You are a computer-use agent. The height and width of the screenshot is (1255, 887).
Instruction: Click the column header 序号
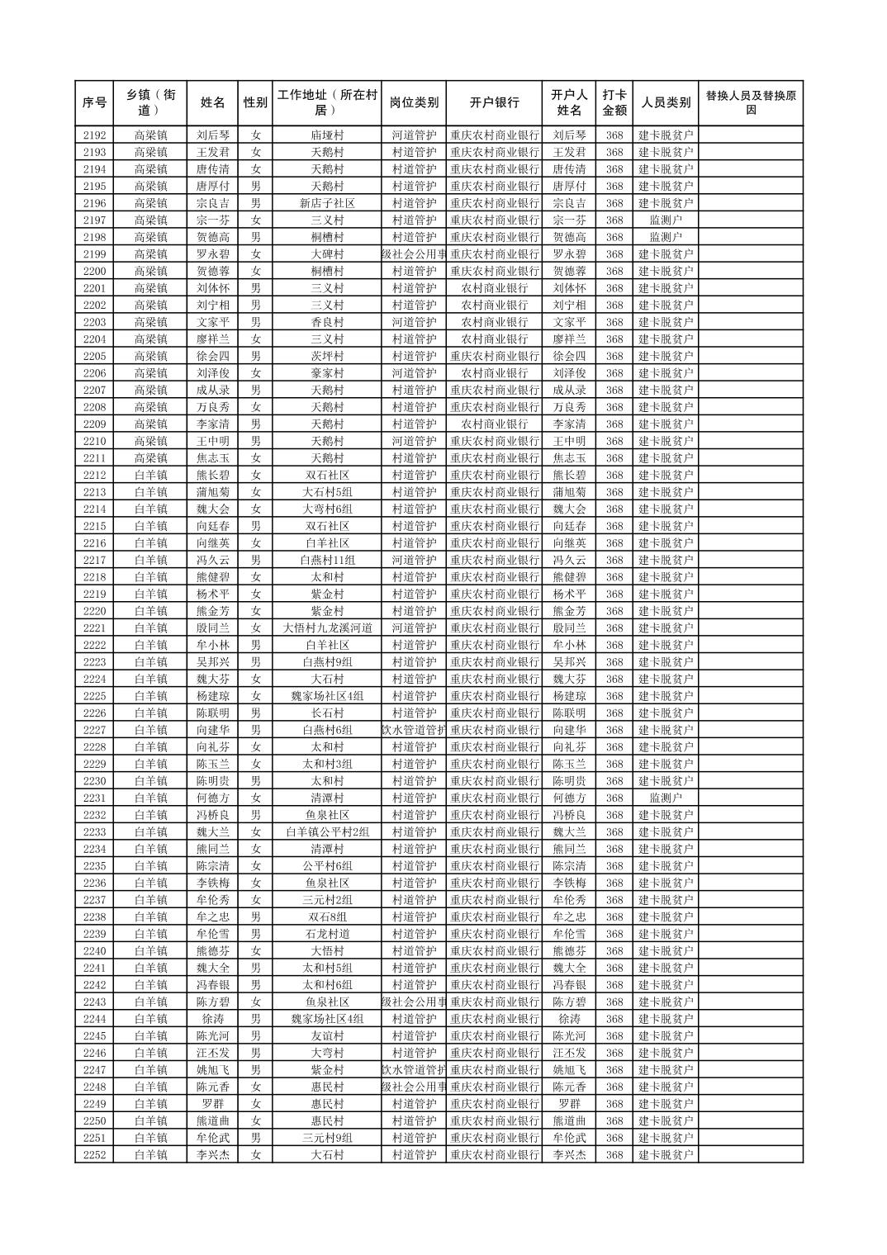pos(94,103)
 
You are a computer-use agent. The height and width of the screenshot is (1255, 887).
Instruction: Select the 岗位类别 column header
pos(414,103)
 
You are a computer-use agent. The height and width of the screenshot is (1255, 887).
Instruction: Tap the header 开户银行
pos(494,103)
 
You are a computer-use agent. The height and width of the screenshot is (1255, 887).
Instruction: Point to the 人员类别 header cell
pos(666,103)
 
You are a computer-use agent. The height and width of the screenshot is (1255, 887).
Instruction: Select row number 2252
pos(94,1155)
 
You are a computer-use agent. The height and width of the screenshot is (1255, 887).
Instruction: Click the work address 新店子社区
pos(327,203)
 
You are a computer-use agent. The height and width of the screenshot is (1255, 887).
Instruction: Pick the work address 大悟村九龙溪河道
pos(327,628)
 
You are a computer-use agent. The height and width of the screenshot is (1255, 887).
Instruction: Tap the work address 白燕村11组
pos(327,561)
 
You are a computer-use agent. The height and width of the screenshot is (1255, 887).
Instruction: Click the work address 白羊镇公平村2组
pos(327,832)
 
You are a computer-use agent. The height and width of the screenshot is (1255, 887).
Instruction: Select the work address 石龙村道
pos(327,934)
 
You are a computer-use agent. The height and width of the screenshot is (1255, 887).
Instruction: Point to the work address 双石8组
pos(327,917)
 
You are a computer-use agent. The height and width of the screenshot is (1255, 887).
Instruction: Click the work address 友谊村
pos(327,1036)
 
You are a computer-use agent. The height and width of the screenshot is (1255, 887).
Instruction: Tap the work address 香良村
pos(327,322)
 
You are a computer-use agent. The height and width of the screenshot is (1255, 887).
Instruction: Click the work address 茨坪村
pos(327,356)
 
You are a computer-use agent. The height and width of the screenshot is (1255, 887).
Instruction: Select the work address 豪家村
pos(327,373)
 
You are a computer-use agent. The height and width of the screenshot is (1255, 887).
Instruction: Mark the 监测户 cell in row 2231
pos(666,798)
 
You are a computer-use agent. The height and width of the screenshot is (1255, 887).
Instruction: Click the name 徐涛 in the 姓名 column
pos(212,1019)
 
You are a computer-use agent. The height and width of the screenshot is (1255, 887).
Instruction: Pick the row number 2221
pos(94,628)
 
